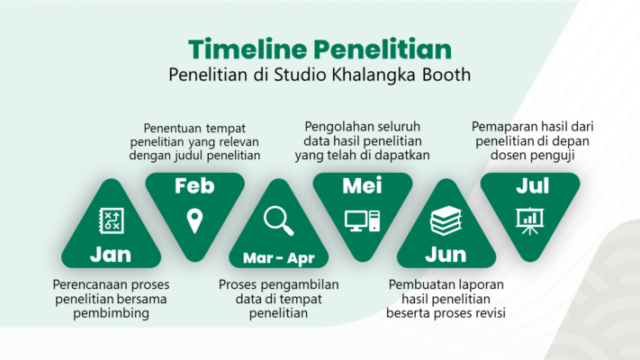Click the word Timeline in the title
tap(248, 49)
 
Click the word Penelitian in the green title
tap(383, 49)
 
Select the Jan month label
tap(111, 255)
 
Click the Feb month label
tap(194, 185)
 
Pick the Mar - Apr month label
tap(279, 258)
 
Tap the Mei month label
tap(363, 185)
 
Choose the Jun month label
tap(446, 255)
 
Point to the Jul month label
tap(532, 185)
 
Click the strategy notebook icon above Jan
tap(112, 220)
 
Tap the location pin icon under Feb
tap(194, 220)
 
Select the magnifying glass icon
tap(279, 220)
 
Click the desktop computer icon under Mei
tap(363, 220)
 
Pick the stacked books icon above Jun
tap(446, 220)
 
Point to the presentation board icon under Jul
tap(530, 220)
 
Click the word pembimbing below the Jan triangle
tap(111, 313)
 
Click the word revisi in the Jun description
tap(491, 313)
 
